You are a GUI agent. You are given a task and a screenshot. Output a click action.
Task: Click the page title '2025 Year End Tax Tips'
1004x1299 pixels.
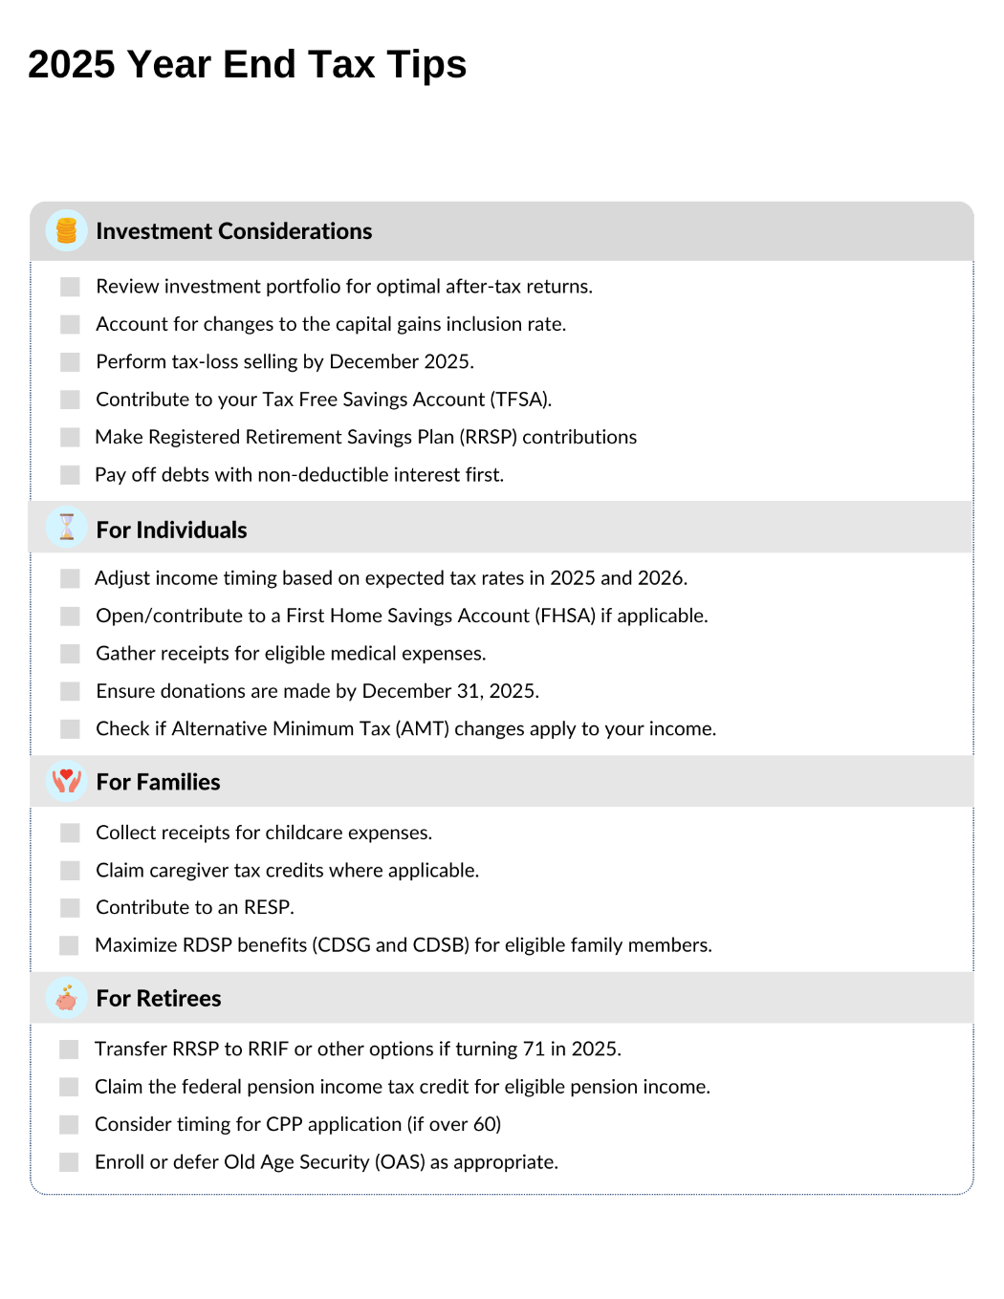(247, 65)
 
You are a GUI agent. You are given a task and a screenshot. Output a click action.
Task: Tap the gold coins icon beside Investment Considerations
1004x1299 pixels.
(66, 230)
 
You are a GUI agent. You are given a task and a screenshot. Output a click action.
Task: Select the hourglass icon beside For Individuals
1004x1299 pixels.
(66, 527)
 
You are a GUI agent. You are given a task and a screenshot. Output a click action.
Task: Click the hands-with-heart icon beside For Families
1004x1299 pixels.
(66, 781)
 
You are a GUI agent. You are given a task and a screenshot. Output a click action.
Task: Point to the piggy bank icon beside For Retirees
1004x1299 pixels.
(66, 998)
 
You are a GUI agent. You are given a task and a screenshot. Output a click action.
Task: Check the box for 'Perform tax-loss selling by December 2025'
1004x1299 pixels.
(70, 362)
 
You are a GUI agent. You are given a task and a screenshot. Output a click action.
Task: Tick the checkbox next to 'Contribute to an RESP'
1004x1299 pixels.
(70, 907)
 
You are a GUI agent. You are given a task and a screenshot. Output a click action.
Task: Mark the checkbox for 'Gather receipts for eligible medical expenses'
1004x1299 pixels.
(70, 654)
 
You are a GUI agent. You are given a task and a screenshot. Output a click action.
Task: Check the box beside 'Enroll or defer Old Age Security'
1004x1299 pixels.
(69, 1162)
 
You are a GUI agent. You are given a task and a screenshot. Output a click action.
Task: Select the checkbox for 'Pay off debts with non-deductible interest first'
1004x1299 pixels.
(70, 475)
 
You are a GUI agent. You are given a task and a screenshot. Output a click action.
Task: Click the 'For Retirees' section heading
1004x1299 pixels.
(159, 999)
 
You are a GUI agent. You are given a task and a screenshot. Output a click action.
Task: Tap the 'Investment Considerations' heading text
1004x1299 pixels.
(234, 231)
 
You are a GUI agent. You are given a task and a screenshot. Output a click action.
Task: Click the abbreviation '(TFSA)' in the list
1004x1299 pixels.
(520, 400)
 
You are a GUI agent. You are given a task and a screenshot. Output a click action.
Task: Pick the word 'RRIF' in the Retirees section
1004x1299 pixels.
(268, 1050)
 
